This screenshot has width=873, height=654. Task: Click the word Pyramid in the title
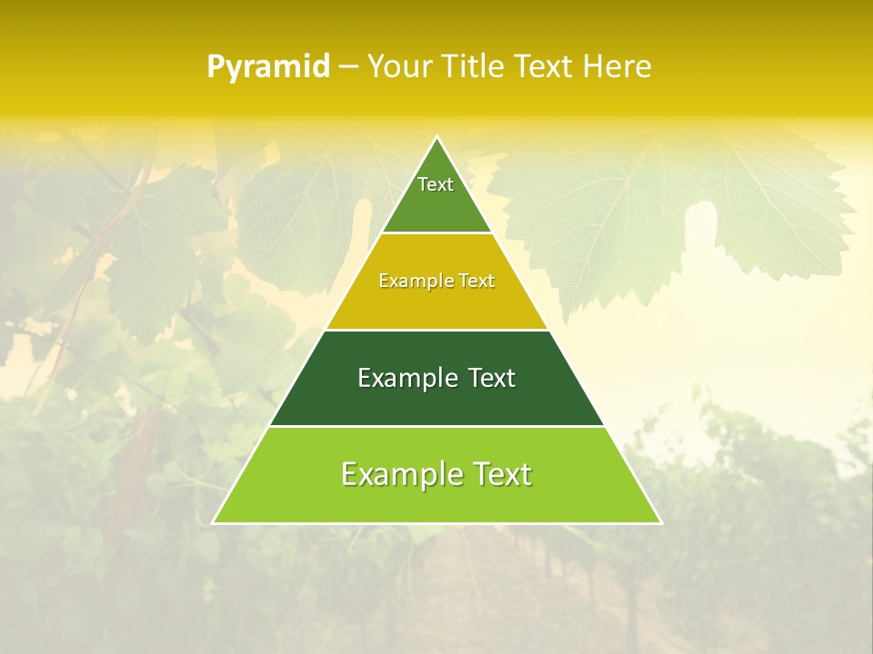[x=268, y=67]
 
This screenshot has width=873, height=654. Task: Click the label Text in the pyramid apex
[x=436, y=184]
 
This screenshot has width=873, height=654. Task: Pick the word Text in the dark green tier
[x=492, y=378]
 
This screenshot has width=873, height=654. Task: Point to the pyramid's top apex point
[x=437, y=138]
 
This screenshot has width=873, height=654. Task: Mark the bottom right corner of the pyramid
[x=660, y=522]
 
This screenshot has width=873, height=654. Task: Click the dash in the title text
[x=348, y=67]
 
